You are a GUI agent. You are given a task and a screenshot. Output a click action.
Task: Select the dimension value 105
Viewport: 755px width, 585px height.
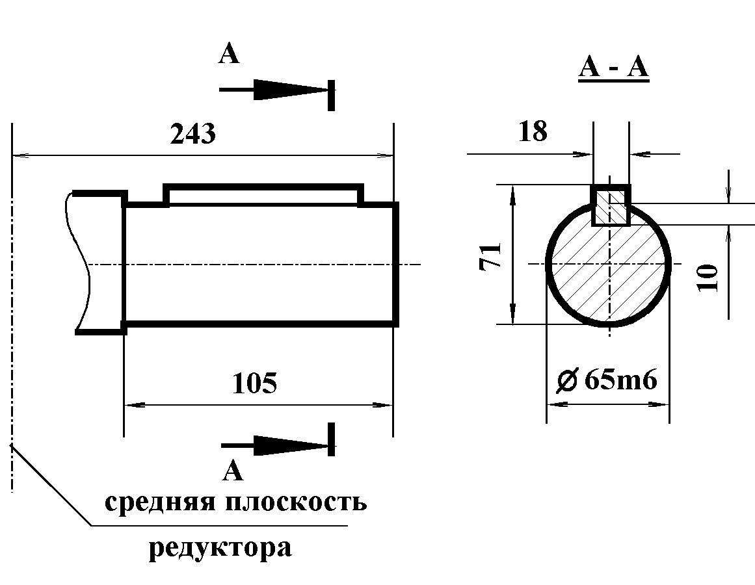click(x=254, y=383)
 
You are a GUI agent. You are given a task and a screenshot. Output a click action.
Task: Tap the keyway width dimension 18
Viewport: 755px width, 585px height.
click(x=533, y=132)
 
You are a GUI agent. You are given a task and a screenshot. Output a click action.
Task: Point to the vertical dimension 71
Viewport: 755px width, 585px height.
click(x=492, y=255)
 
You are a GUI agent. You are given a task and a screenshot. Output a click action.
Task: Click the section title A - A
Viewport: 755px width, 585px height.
click(x=613, y=67)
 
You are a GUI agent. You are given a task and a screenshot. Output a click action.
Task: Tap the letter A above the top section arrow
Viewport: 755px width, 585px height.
click(x=228, y=55)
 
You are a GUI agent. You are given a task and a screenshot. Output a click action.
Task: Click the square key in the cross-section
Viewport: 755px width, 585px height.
click(x=610, y=205)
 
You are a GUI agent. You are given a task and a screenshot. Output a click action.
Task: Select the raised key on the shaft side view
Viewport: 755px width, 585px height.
click(x=263, y=194)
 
